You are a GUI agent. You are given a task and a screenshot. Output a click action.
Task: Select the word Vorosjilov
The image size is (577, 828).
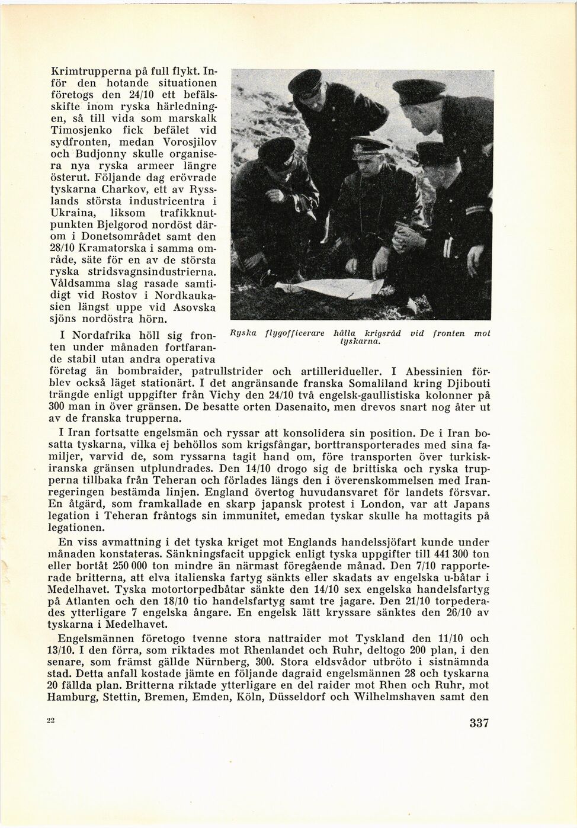187,142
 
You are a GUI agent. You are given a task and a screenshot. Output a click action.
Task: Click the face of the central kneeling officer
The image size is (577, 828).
363,162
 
